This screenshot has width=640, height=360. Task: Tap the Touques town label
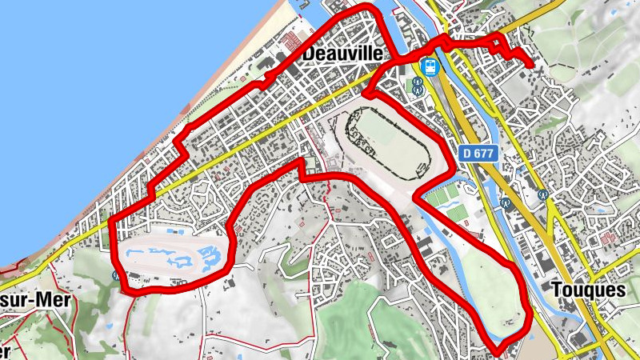(588, 290)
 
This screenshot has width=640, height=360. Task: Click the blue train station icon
(430, 66)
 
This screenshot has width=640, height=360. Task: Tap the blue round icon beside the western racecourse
(117, 275)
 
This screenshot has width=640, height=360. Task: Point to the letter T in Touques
(557, 290)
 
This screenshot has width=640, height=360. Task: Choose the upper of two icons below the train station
(418, 82)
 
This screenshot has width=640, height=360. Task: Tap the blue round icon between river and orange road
(505, 203)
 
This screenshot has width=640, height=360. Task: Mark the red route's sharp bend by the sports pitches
(414, 197)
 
